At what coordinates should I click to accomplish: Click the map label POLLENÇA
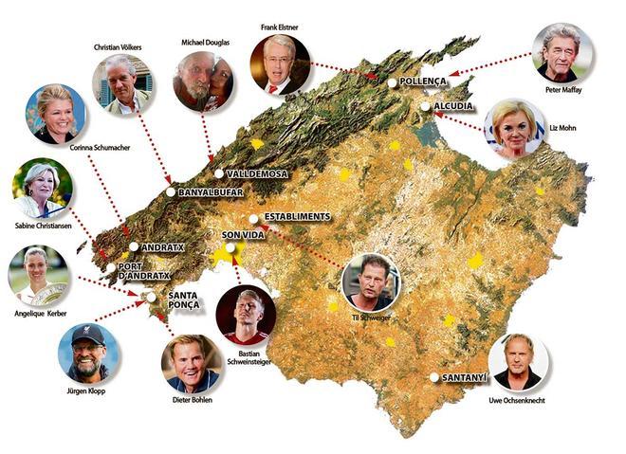423,83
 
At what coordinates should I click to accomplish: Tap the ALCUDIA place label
453,107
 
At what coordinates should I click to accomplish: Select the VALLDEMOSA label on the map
257,174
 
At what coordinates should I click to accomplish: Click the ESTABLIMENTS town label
298,217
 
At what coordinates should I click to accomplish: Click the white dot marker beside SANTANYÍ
434,377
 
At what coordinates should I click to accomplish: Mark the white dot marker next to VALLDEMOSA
218,174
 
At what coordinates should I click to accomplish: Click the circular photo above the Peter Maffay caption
562,53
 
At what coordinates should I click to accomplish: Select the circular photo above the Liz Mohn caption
515,128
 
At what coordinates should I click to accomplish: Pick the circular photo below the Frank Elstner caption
279,64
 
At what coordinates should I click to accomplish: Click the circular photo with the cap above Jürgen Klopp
88,353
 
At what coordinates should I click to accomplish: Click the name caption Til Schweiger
370,318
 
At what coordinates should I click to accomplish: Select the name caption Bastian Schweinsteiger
247,362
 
